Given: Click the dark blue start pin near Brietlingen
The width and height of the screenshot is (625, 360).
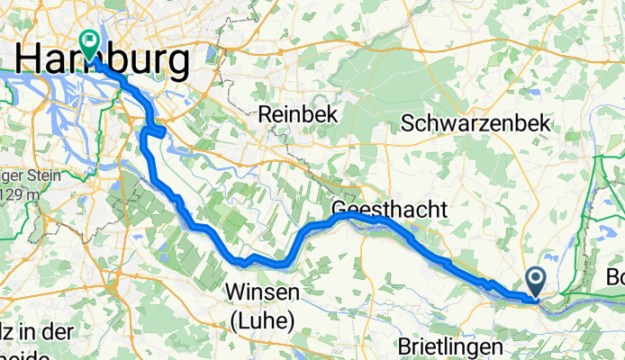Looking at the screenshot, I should pos(536,282).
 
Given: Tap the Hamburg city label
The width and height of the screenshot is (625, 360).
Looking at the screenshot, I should pos(104,62).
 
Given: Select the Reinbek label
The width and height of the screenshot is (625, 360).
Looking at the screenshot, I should pos(292,114).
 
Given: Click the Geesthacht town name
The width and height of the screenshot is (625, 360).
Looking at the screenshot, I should pos(389,209).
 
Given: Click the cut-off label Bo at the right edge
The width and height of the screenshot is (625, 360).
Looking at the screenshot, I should pos(616,277).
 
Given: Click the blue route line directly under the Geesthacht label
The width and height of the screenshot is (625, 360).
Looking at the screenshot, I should pos(378,219).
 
